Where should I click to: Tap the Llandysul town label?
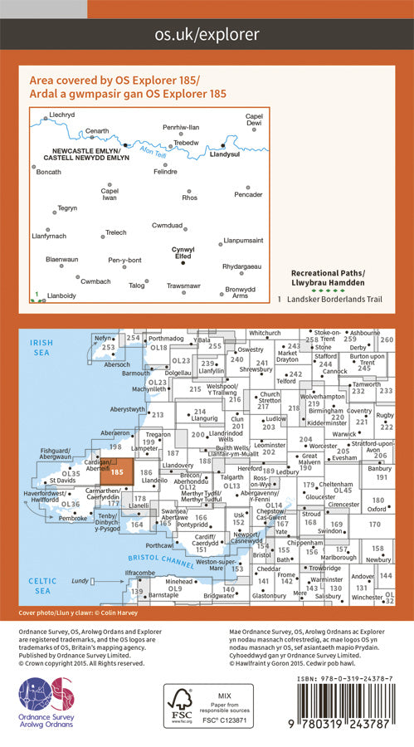[224, 154]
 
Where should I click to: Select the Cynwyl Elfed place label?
[183, 252]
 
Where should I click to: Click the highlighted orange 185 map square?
[117, 471]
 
